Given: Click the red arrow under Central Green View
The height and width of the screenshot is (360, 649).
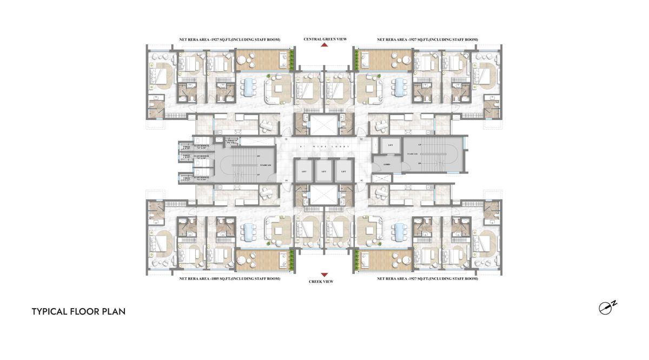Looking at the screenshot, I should (x=325, y=45).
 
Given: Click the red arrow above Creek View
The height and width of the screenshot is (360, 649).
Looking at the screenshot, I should (x=325, y=275).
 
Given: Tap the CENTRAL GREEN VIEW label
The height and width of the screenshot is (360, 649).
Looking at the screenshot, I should (x=325, y=39).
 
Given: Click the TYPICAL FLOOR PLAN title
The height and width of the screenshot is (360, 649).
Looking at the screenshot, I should (x=78, y=311).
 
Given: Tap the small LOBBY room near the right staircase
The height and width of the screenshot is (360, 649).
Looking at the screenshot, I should (x=387, y=164).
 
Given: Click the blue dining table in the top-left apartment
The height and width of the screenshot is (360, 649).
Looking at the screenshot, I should (x=248, y=86).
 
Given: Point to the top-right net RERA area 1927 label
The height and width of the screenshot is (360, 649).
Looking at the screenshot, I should (x=427, y=39).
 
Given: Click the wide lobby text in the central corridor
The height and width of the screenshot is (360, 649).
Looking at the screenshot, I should (x=323, y=146).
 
